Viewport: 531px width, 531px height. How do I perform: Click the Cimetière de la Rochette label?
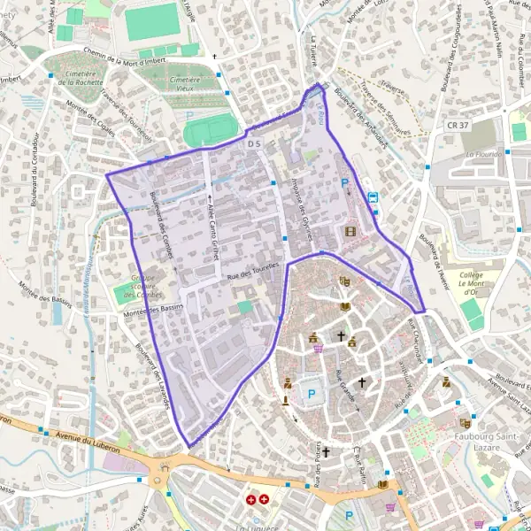pos(77,83)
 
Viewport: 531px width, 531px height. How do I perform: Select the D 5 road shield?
pos(256,143)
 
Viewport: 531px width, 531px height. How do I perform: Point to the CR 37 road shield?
pos(457,126)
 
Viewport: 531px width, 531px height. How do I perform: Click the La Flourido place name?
pos(483,154)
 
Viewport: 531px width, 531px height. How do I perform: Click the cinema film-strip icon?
pos(353,232)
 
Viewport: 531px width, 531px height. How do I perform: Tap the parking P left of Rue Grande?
pos(311,392)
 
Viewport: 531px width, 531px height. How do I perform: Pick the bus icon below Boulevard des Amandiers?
pos(373,197)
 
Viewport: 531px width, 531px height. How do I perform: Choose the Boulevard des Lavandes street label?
pos(154,377)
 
